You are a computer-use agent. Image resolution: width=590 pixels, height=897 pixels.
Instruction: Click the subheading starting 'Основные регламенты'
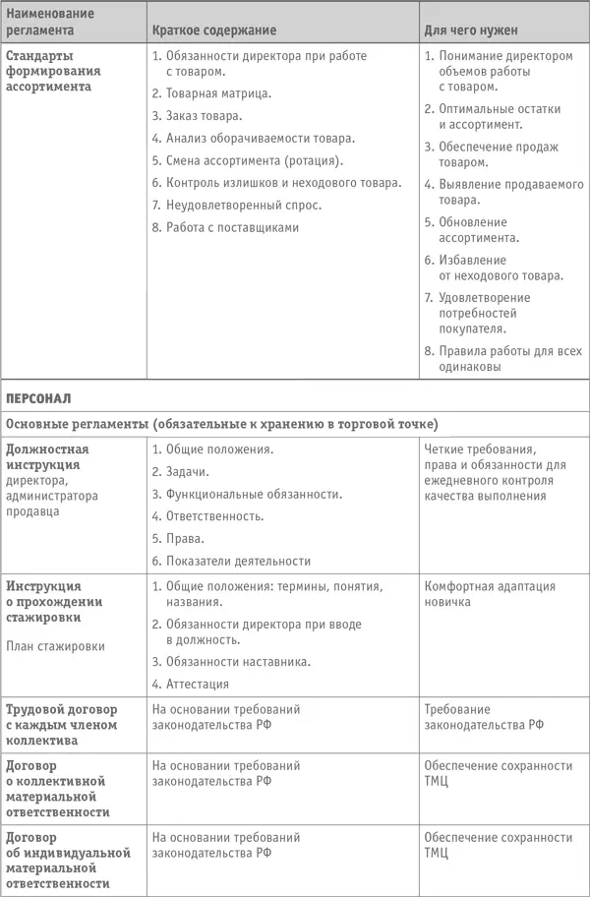click(221, 424)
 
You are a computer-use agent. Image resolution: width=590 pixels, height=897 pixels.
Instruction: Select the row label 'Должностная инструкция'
click(55, 456)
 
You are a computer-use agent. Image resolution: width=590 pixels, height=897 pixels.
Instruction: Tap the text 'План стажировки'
click(53, 646)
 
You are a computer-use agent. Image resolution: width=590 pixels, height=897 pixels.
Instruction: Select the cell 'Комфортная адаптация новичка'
click(490, 593)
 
